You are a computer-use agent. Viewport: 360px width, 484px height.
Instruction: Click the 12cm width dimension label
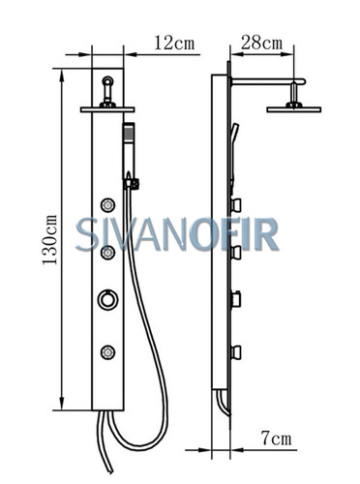click(174, 43)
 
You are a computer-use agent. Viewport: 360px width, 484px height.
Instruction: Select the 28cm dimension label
click(261, 43)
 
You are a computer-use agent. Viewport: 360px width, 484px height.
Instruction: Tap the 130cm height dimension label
click(49, 239)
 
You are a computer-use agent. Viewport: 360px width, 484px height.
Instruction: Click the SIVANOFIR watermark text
click(177, 234)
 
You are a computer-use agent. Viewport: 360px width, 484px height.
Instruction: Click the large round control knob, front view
click(107, 299)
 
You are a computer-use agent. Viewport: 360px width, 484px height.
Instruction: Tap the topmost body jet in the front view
click(107, 204)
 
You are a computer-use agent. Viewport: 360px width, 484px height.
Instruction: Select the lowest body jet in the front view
click(107, 352)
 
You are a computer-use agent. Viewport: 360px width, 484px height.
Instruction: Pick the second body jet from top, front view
click(107, 253)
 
